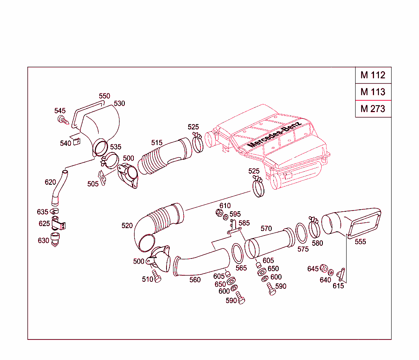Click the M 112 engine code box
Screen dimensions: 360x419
(x=373, y=75)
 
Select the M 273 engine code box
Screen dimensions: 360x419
(x=373, y=109)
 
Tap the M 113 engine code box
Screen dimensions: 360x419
(x=373, y=92)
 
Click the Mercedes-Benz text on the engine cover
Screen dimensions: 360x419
(x=274, y=134)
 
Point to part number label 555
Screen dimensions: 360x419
(x=360, y=242)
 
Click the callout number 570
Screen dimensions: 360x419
(x=266, y=229)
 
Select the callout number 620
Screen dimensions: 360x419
(x=50, y=182)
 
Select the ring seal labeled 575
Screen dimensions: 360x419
(x=302, y=232)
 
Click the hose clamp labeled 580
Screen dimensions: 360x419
(x=314, y=228)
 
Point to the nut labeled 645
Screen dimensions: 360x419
(x=323, y=269)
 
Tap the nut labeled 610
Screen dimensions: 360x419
(x=219, y=213)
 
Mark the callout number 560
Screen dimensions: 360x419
(x=195, y=280)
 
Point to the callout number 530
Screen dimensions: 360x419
(x=119, y=104)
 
